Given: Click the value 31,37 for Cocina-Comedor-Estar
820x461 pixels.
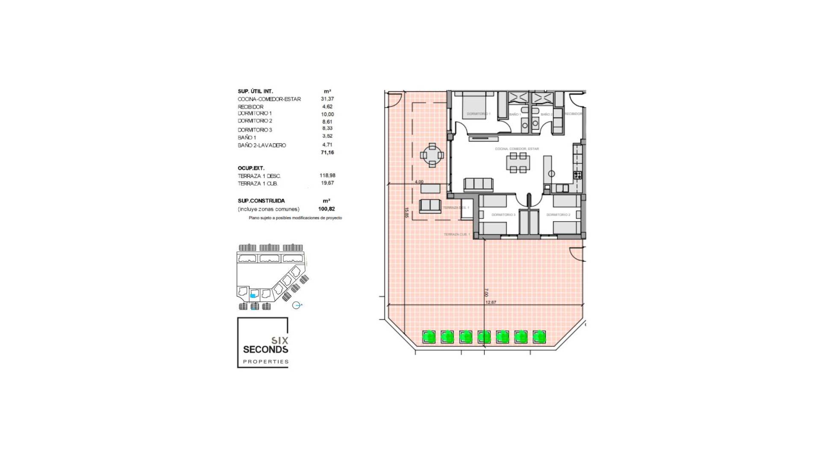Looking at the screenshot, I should pos(327,99).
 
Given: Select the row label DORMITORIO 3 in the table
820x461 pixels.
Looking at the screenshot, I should pos(255,130).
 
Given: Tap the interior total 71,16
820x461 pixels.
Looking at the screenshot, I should pos(327,152).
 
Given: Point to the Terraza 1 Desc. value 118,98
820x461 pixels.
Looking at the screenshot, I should pos(327,175).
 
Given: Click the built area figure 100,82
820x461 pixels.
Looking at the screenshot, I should pos(326,209).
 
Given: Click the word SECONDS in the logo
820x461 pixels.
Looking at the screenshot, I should pos(265,350).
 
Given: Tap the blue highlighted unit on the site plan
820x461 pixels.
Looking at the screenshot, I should pos(253,295).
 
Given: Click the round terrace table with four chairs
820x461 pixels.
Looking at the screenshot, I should pos(432,155).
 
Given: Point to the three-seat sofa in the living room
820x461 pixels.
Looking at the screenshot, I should pos(478,184).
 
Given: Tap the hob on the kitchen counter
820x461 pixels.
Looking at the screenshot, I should pos(577,175).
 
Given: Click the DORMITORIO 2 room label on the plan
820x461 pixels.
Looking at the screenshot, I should pos(558,215).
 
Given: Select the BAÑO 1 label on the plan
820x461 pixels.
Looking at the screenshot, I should pos(515,114).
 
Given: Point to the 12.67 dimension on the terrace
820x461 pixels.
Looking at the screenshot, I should pos(491,302).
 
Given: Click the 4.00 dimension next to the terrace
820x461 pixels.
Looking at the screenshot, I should pos(419,182).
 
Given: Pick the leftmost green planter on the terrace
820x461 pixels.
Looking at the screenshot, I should pos(429,337).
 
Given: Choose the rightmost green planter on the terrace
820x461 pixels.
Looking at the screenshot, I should pos(539,337).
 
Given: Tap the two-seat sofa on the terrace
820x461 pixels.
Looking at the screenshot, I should pos(430,206).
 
